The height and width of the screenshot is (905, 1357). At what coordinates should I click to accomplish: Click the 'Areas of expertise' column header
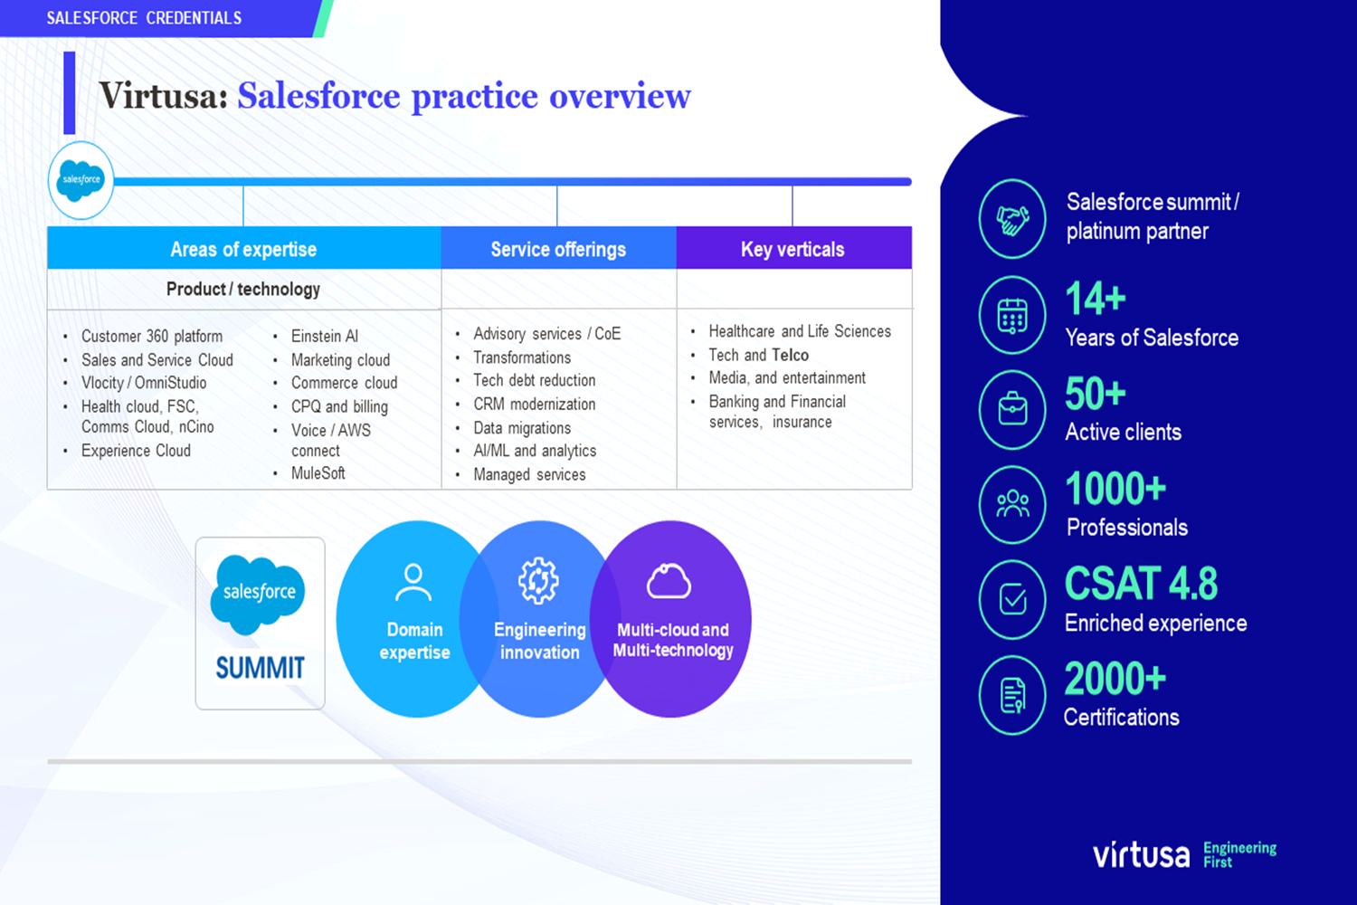(x=243, y=249)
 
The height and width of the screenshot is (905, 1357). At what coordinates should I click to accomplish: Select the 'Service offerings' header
(x=558, y=249)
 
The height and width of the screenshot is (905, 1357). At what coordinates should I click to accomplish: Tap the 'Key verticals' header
(x=793, y=249)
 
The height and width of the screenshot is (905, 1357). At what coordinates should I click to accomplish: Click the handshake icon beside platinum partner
(x=1012, y=219)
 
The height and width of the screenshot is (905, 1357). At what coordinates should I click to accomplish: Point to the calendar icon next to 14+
(x=1012, y=315)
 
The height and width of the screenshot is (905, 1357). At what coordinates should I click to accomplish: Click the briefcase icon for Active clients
(x=1012, y=409)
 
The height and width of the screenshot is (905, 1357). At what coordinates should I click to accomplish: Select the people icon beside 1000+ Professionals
(x=1012, y=504)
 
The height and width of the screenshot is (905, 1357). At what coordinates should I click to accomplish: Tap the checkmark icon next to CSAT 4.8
(x=1012, y=599)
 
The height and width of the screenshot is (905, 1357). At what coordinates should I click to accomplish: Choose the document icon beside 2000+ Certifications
(x=1012, y=695)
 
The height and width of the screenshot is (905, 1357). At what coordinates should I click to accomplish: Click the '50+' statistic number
(x=1096, y=394)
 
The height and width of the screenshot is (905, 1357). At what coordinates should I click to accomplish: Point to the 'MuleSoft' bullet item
(x=318, y=472)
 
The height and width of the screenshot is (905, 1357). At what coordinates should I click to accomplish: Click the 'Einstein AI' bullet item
(x=325, y=336)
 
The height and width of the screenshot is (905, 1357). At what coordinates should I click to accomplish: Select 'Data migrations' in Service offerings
(x=522, y=428)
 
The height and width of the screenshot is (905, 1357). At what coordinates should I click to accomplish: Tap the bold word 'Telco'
(x=791, y=355)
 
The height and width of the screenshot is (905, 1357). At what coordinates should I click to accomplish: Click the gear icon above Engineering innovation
(x=538, y=581)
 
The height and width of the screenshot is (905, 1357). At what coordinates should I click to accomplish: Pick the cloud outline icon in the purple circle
(x=669, y=581)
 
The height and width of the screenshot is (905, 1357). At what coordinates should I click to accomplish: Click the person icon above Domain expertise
(x=413, y=582)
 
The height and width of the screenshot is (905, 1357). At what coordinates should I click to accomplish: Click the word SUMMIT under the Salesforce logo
(x=260, y=668)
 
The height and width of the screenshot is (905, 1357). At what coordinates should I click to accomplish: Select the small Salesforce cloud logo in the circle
(x=81, y=180)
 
